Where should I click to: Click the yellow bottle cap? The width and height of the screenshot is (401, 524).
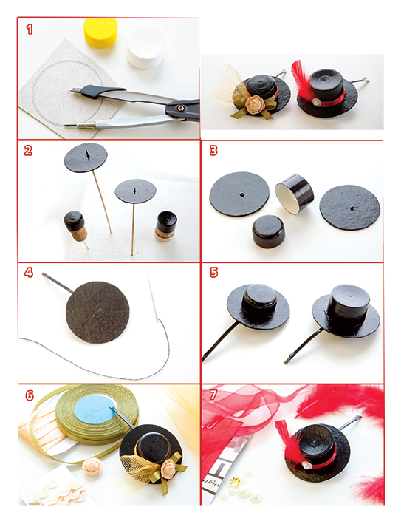click(x=100, y=33)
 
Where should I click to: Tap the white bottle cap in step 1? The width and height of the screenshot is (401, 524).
click(x=145, y=48)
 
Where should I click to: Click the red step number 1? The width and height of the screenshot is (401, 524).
click(x=30, y=29)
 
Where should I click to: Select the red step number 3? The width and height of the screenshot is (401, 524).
click(x=213, y=150)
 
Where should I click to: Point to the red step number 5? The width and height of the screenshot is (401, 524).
click(x=213, y=273)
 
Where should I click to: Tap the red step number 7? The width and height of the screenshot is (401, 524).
click(x=213, y=395)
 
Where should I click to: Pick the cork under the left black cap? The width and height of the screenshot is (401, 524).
click(x=80, y=234)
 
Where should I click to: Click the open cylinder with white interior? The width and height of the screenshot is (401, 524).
click(x=295, y=194)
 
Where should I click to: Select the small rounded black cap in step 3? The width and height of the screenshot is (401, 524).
click(x=269, y=231)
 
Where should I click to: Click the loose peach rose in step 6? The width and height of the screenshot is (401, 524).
click(x=92, y=467)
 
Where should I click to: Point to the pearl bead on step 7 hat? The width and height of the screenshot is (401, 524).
click(x=307, y=465)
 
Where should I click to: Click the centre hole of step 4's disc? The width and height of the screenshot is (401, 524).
click(x=98, y=311)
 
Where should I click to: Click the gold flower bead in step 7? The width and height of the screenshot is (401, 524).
click(x=235, y=483)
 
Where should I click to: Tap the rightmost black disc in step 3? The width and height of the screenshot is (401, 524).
click(x=349, y=208)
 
